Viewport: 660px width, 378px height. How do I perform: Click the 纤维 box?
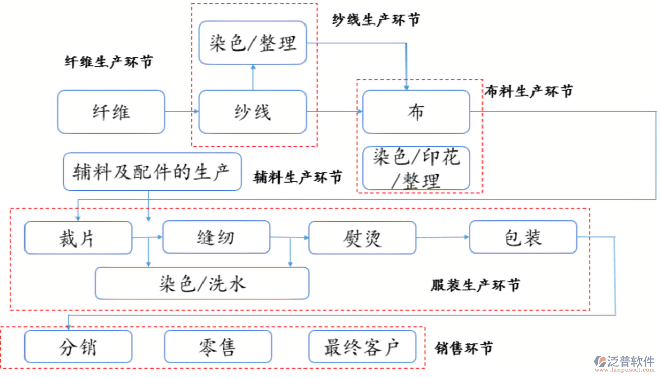[111, 112]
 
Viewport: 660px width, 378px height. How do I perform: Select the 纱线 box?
[252, 112]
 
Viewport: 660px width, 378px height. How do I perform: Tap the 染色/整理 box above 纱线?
[252, 43]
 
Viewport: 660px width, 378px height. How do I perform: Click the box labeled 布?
[416, 112]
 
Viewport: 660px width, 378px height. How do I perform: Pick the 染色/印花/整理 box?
[416, 168]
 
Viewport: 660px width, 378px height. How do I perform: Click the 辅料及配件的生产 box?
[152, 172]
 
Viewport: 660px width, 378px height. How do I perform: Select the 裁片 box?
[78, 238]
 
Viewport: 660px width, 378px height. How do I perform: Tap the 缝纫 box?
[216, 237]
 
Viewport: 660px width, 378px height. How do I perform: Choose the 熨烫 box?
[362, 238]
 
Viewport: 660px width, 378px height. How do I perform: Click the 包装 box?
[523, 237]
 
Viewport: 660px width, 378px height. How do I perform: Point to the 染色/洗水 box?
[202, 283]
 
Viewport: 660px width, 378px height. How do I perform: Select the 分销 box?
[78, 346]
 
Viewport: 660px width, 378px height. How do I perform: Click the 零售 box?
[218, 346]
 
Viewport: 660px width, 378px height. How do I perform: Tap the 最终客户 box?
[362, 346]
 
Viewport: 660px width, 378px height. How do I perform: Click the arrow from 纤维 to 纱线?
[182, 112]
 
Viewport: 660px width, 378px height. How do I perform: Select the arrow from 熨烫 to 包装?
[442, 237]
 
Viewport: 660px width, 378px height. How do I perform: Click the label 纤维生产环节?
[109, 62]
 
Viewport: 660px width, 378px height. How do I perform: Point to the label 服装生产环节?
[475, 285]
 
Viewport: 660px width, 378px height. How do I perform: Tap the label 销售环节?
[464, 348]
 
